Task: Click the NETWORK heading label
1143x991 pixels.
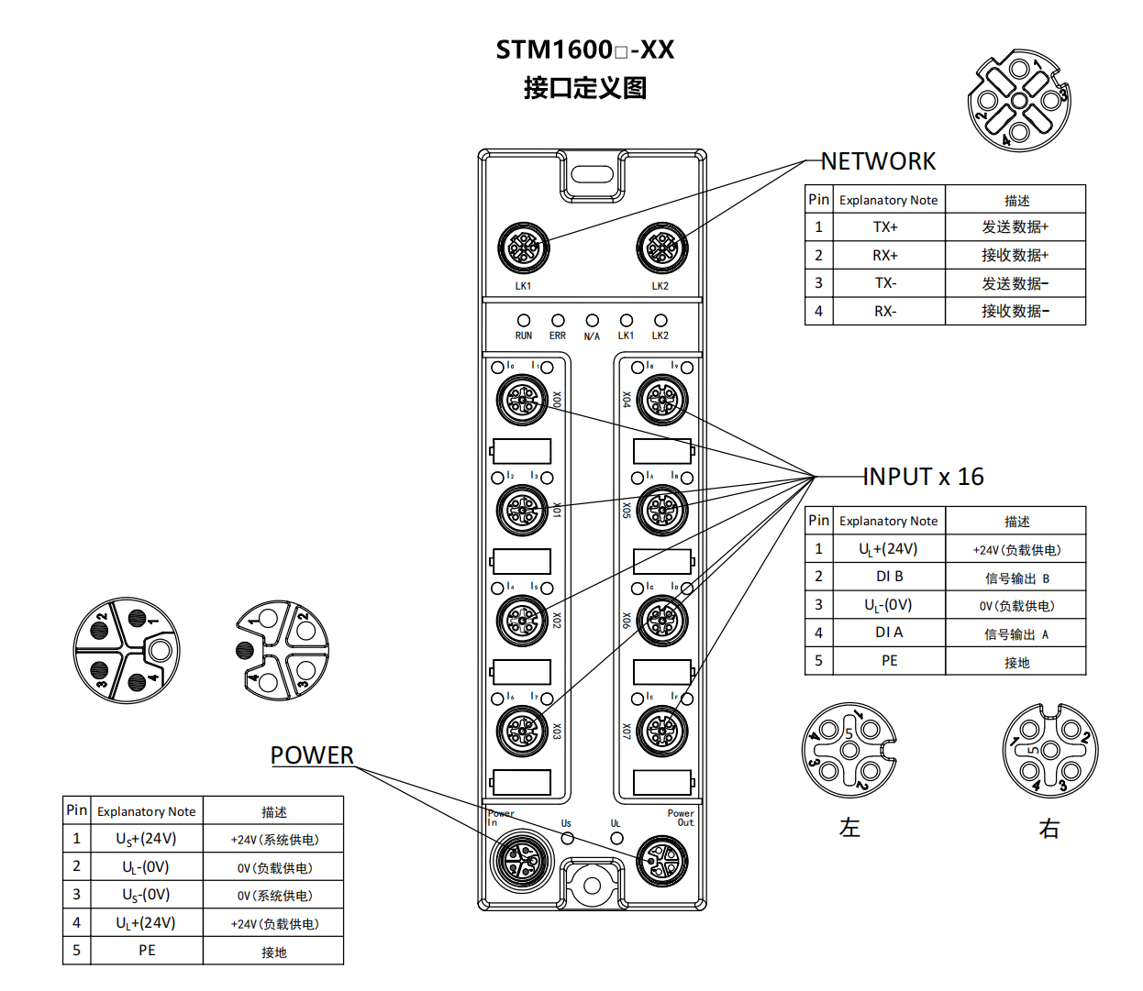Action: [878, 161]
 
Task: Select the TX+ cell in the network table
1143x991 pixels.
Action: [885, 227]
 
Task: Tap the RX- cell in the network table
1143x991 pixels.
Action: [885, 312]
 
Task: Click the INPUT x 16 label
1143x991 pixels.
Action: [923, 477]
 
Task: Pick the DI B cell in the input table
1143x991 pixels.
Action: [889, 577]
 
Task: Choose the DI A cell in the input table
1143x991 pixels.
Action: [889, 633]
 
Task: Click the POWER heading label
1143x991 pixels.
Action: [312, 755]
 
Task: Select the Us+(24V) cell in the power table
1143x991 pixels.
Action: [146, 839]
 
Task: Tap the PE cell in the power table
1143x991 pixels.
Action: [147, 951]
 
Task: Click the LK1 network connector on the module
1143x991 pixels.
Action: [523, 248]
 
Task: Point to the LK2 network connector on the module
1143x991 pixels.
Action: [661, 248]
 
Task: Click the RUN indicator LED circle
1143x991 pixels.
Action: [524, 321]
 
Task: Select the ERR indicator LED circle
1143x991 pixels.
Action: [558, 321]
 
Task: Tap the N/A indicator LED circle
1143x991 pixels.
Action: [592, 321]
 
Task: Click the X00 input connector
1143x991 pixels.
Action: [523, 401]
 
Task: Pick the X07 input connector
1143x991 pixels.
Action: [661, 732]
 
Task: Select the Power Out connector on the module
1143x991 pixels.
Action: [661, 860]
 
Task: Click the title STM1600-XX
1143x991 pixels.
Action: [585, 50]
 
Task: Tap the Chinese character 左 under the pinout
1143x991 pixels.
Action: [849, 828]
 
